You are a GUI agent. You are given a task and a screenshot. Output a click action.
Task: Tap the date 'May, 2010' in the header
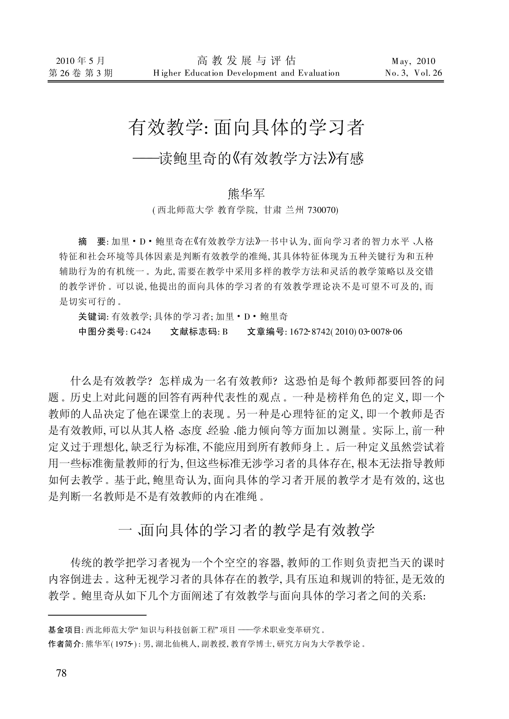(413, 61)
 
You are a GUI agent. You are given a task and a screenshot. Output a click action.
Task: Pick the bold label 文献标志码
(194, 331)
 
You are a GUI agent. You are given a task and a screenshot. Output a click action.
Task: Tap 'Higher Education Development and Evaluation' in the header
(246, 73)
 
